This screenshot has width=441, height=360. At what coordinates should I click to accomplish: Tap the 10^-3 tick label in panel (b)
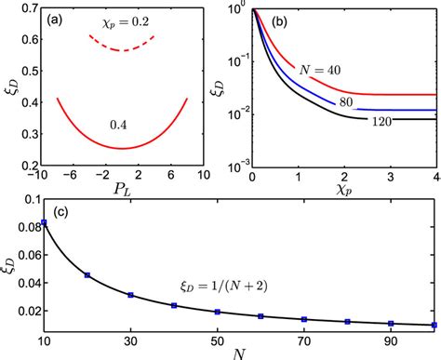[235, 162]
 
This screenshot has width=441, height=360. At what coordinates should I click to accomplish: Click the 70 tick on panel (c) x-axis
[304, 339]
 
